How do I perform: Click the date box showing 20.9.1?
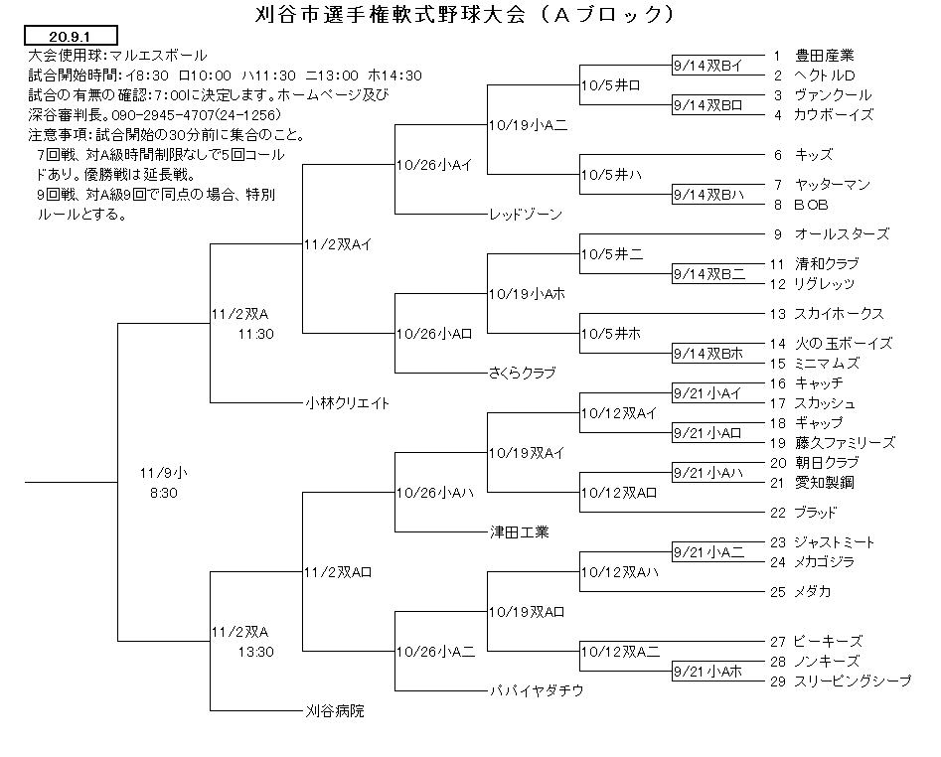pyautogui.click(x=71, y=36)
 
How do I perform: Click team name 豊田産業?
pyautogui.click(x=824, y=56)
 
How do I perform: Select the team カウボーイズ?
pyautogui.click(x=834, y=114)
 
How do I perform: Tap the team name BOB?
pyautogui.click(x=811, y=205)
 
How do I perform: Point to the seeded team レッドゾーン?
pyautogui.click(x=526, y=215)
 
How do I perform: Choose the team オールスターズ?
pyautogui.click(x=842, y=233)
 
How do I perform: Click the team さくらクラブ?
pyautogui.click(x=523, y=373)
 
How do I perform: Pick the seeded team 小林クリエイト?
pyautogui.click(x=348, y=403)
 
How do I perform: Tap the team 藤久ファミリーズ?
pyautogui.click(x=845, y=443)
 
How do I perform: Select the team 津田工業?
pyautogui.click(x=519, y=532)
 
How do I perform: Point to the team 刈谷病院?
pyautogui.click(x=335, y=711)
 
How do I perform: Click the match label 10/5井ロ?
pyautogui.click(x=610, y=85)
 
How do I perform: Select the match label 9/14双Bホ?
pyautogui.click(x=708, y=354)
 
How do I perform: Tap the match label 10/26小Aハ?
pyautogui.click(x=435, y=493)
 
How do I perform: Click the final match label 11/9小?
pyautogui.click(x=163, y=473)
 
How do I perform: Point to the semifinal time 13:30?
pyautogui.click(x=255, y=652)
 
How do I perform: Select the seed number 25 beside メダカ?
pyautogui.click(x=778, y=592)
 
